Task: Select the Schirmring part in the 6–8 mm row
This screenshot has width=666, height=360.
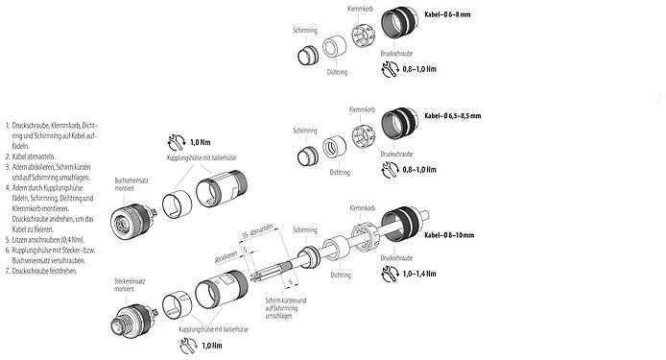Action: click(x=305, y=55)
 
